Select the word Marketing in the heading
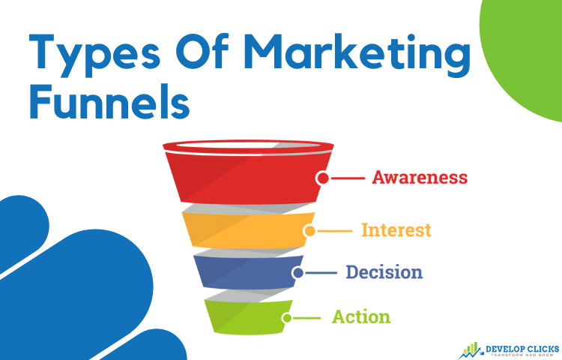(357, 55)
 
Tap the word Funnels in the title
(109, 101)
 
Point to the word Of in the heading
(202, 51)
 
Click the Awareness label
(420, 177)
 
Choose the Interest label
(396, 229)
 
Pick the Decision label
(384, 272)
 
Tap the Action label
(361, 316)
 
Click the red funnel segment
(248, 175)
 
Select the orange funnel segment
(248, 229)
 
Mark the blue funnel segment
(248, 271)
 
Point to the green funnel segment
(248, 317)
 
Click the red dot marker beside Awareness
(323, 178)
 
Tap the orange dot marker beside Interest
(309, 231)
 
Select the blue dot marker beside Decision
(297, 273)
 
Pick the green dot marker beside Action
(287, 318)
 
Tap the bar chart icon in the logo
(471, 350)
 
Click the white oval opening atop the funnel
(248, 145)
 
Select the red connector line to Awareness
(348, 178)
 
